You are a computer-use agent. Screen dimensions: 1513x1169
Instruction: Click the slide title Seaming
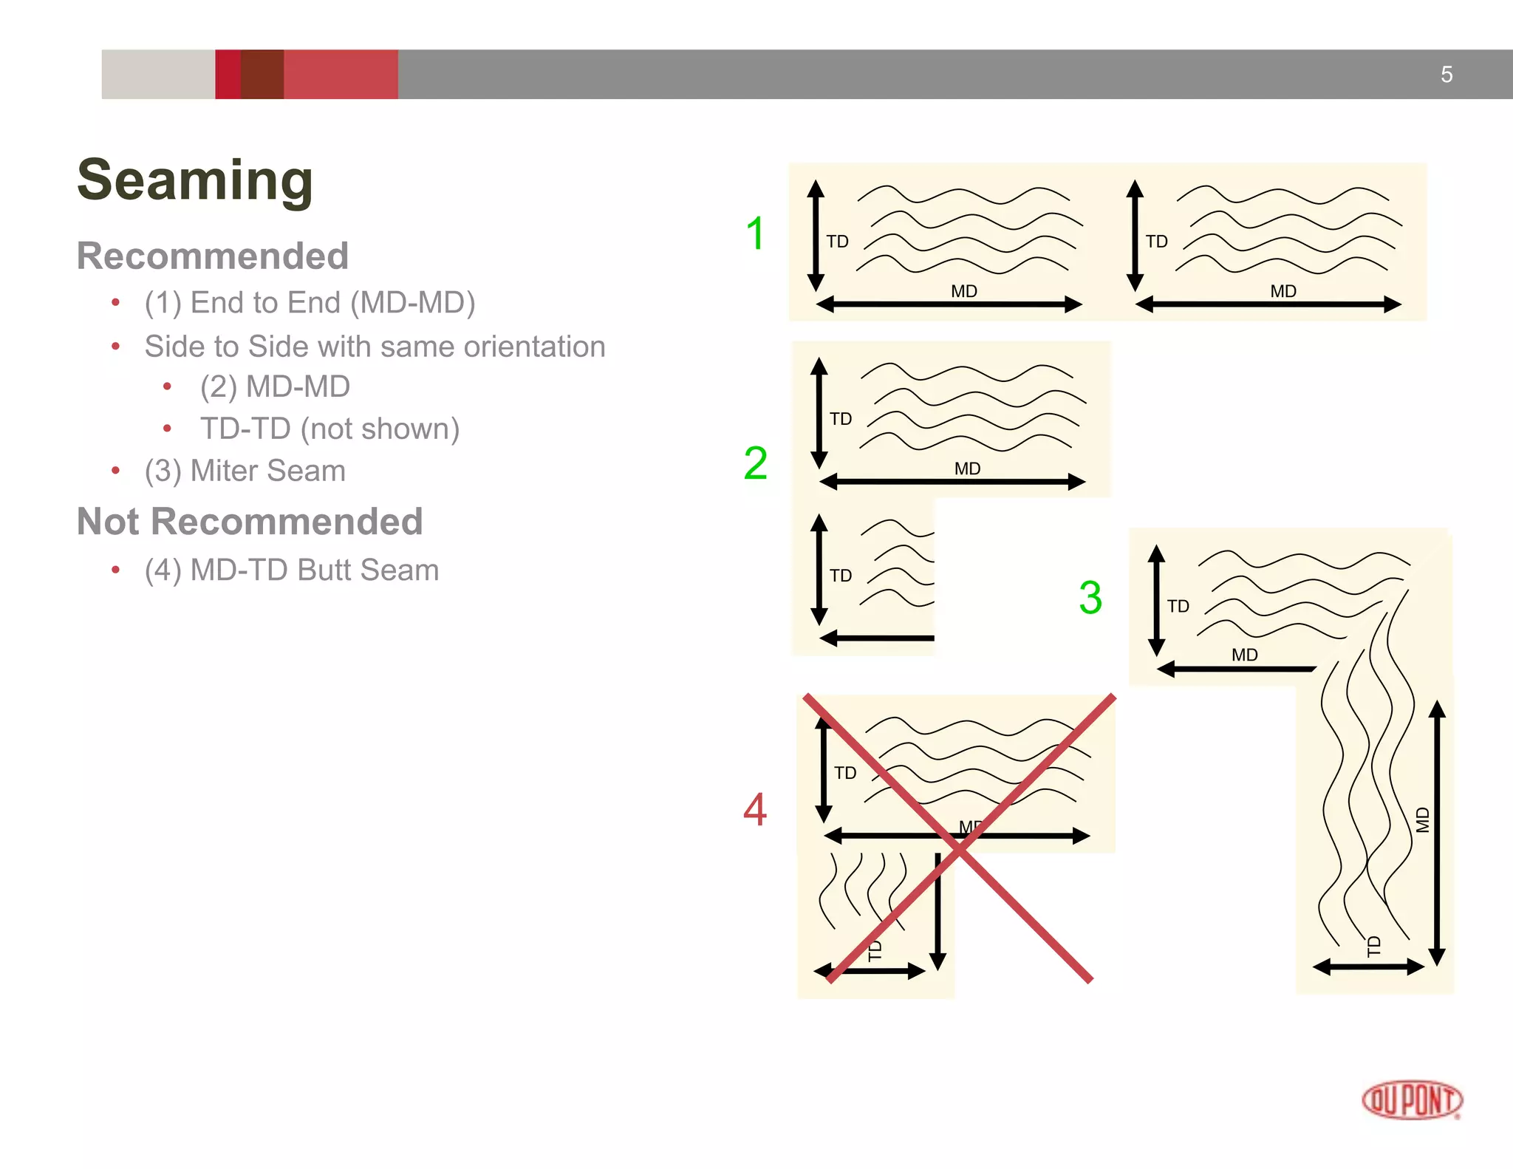tap(195, 180)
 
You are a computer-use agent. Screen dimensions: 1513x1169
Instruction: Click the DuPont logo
tap(1412, 1100)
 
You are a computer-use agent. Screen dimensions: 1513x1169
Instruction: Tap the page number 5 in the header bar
tap(1447, 75)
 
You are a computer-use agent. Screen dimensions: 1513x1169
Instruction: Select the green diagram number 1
tap(755, 234)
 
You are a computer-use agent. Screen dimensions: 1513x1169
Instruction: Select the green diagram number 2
tap(755, 463)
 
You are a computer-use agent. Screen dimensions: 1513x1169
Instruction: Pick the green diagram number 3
tap(1090, 597)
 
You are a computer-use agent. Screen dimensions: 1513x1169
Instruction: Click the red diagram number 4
tap(755, 808)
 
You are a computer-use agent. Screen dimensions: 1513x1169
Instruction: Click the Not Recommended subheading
tap(250, 521)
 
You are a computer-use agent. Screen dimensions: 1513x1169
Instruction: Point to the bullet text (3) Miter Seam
tap(245, 471)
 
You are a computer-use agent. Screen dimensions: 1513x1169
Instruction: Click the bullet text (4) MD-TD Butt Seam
tap(292, 570)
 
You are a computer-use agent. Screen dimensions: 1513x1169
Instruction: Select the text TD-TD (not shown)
tap(329, 429)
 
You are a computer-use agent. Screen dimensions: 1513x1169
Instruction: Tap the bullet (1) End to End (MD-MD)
tap(310, 302)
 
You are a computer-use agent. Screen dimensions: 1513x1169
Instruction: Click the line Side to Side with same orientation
tap(375, 347)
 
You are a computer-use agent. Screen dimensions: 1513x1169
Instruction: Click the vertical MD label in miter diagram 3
tap(1423, 820)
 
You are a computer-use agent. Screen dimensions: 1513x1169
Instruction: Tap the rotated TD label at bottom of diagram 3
tap(1373, 946)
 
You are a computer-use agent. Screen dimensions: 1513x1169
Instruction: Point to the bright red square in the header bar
tap(228, 75)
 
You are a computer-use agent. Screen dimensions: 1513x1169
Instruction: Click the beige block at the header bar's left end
tap(158, 75)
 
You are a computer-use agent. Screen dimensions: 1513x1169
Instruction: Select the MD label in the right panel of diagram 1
tap(1283, 291)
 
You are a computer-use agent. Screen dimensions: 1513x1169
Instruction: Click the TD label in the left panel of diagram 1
tap(837, 242)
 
